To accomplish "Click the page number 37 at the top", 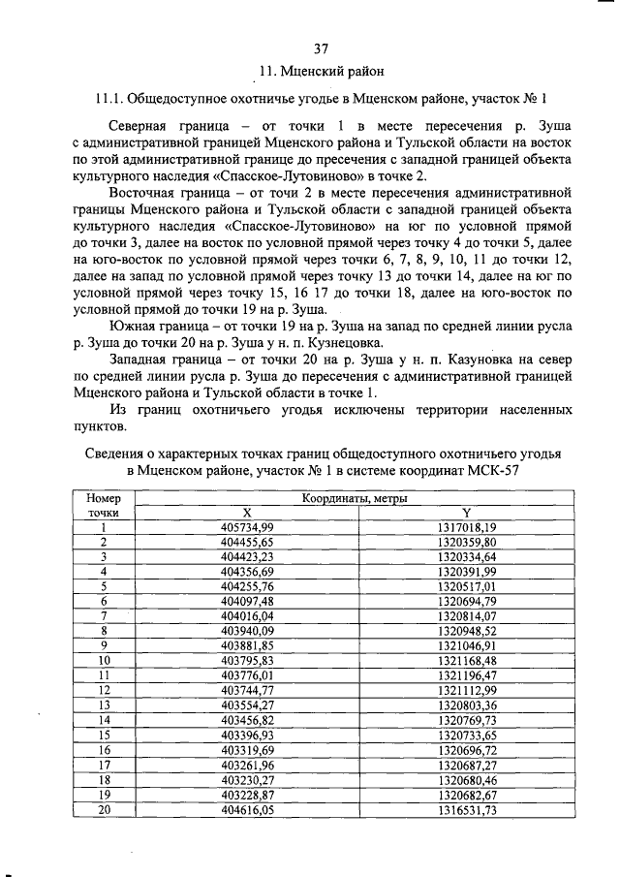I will pyautogui.click(x=323, y=48).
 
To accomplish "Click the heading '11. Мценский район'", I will pyautogui.click(x=324, y=70).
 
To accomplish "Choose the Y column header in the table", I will pyautogui.click(x=466, y=513).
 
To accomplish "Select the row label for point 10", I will pyautogui.click(x=103, y=661).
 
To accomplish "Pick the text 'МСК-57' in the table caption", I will pyautogui.click(x=492, y=470).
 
